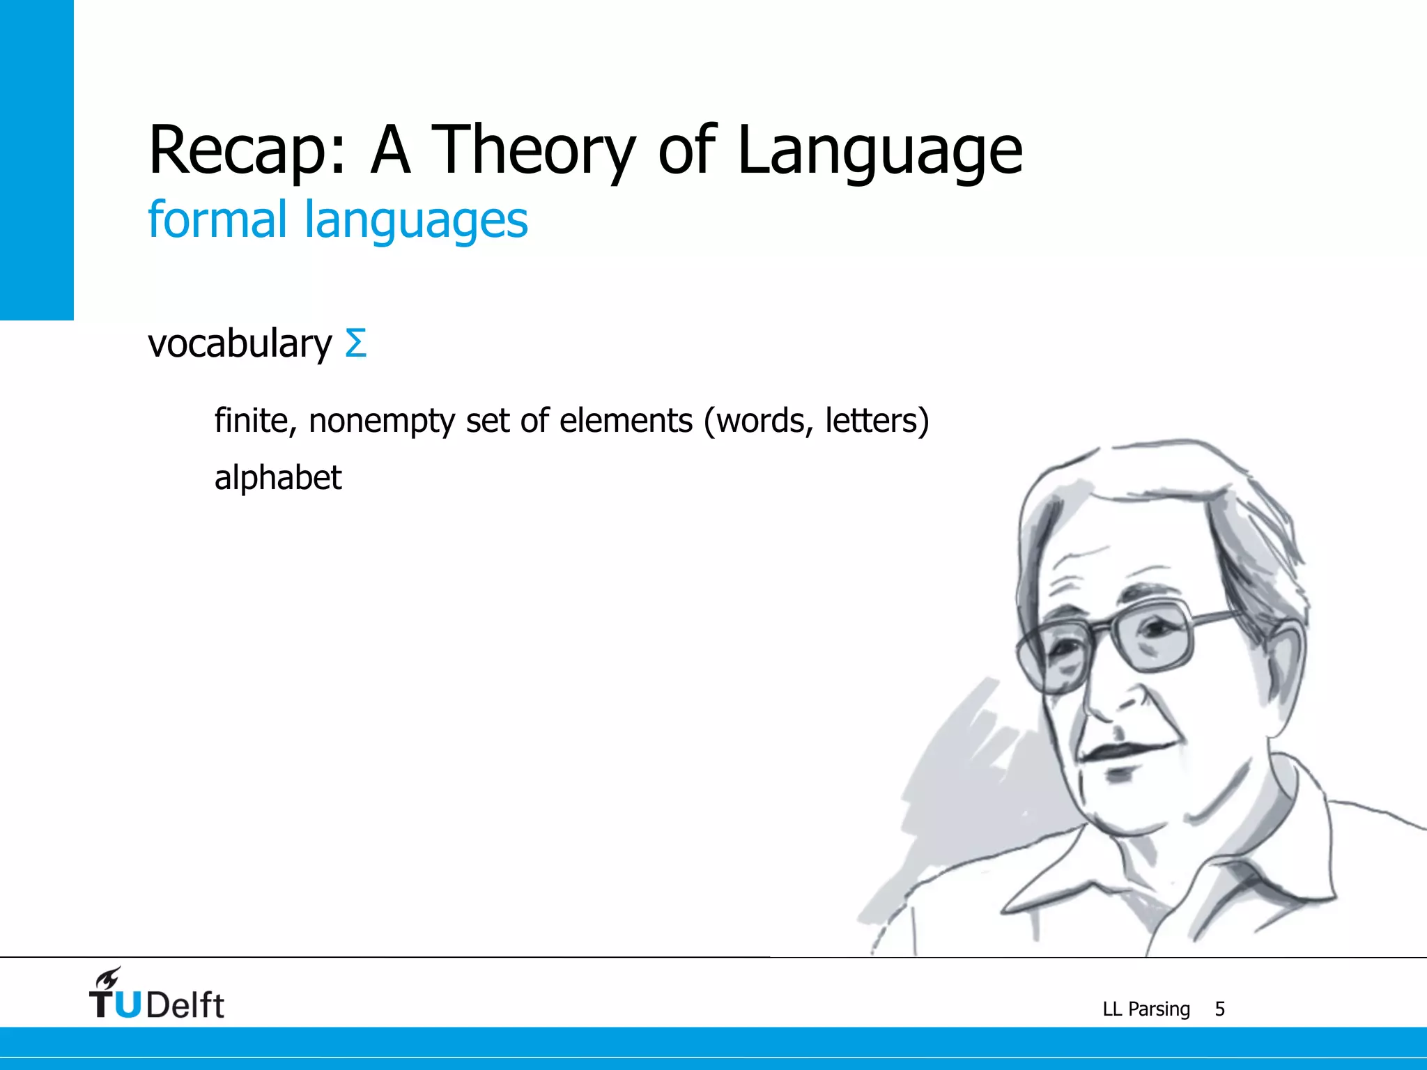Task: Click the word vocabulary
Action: tap(240, 344)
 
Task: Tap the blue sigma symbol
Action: tap(355, 343)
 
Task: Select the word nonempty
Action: tap(382, 421)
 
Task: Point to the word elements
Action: tap(626, 420)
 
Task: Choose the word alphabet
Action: tap(277, 479)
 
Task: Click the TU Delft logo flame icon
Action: tap(108, 978)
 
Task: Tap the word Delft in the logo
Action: tap(185, 1005)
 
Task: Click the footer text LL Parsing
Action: tap(1146, 1009)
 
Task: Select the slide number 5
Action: tap(1219, 1009)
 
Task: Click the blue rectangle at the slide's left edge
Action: tap(36, 160)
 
